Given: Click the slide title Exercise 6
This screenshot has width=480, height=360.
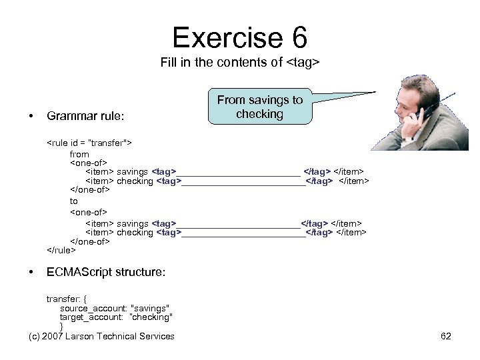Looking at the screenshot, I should (x=240, y=37).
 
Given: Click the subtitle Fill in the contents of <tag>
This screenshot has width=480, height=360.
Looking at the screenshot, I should (x=240, y=63).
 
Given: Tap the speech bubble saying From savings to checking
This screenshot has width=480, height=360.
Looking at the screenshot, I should (x=259, y=107).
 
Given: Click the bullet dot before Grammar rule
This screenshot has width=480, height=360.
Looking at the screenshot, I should (x=31, y=116).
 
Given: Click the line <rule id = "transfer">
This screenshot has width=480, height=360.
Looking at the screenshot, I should (x=89, y=143).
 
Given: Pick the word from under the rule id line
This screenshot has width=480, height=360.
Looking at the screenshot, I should (x=79, y=154).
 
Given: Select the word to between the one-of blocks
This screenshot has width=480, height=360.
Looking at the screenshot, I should (x=74, y=201).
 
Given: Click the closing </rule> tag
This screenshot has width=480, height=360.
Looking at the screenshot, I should (x=61, y=251).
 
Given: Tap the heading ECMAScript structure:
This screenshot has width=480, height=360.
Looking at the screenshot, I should (x=106, y=273).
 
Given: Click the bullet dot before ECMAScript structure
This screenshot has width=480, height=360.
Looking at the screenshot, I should (x=31, y=273).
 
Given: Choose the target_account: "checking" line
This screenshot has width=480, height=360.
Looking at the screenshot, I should (x=116, y=317).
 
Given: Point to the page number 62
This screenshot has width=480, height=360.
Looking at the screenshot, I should (x=446, y=336).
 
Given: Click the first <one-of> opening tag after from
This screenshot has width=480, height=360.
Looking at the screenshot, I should (x=89, y=163).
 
